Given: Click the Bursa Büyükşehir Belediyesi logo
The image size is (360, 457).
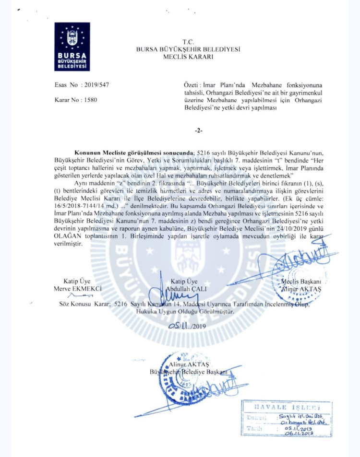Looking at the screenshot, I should (72, 47).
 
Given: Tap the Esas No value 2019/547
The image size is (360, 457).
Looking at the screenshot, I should (96, 85).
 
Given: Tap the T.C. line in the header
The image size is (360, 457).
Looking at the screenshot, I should (188, 43).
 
